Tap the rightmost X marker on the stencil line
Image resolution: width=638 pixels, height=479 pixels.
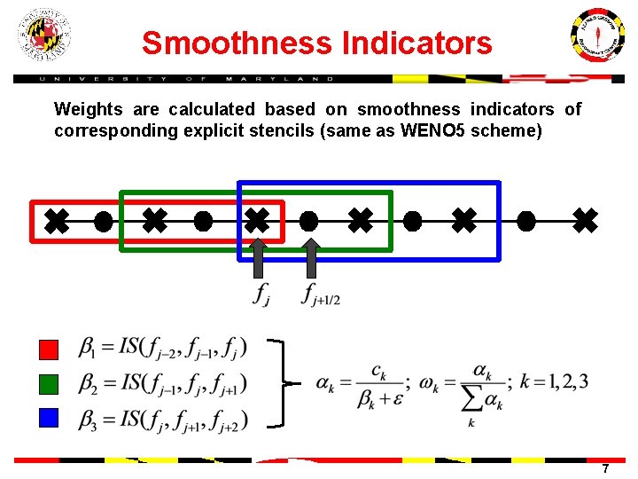[585, 221]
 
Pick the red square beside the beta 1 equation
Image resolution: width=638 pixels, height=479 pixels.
[50, 349]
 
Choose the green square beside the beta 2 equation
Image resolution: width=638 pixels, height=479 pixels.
[50, 383]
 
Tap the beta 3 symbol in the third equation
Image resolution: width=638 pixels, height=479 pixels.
[89, 419]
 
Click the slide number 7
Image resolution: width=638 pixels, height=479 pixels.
[605, 468]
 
